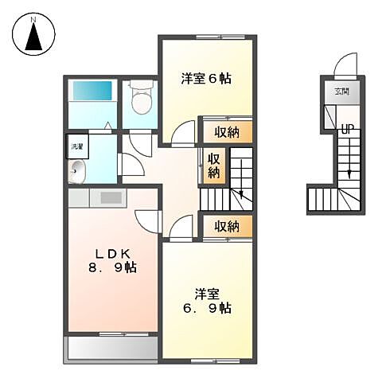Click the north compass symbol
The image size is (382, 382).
coord(34,36)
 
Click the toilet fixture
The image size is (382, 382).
coord(139,99)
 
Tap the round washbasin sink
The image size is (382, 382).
coord(77,169)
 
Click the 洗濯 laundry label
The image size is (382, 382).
coord(76,146)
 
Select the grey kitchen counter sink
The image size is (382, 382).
coord(110,197)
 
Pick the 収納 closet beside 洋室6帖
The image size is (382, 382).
coord(228,131)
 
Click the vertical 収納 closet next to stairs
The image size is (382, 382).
coord(214,166)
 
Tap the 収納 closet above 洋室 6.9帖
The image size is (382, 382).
coord(228,226)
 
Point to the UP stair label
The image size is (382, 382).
coord(348,128)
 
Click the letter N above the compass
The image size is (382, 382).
coord(34,15)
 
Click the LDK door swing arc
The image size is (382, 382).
coord(147,220)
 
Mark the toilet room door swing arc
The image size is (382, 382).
coord(138,145)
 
